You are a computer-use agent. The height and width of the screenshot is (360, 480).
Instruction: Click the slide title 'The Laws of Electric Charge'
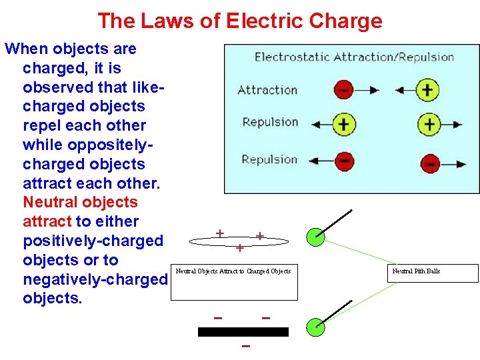click(x=240, y=21)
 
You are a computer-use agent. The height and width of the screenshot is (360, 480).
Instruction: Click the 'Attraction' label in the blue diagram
click(x=267, y=90)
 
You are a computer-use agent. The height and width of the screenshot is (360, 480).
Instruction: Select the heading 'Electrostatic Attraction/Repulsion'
click(x=354, y=57)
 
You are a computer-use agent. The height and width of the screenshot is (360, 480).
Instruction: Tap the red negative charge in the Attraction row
click(x=343, y=89)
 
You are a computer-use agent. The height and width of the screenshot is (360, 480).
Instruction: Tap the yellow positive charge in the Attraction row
click(x=427, y=89)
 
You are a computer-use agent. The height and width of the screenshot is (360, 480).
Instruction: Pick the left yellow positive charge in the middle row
click(x=344, y=124)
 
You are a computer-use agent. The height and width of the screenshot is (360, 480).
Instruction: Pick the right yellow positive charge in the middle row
click(x=429, y=124)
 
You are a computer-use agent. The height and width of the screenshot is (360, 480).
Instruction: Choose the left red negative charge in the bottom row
click(x=344, y=161)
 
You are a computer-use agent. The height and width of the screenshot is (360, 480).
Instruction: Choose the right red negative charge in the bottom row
click(x=431, y=162)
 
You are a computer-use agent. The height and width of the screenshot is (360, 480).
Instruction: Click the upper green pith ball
click(x=315, y=236)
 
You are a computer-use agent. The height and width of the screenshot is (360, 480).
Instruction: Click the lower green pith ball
click(x=315, y=327)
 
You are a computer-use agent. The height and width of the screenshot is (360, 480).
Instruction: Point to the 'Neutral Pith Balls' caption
click(x=416, y=271)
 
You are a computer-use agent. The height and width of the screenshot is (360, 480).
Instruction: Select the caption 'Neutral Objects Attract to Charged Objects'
click(x=233, y=271)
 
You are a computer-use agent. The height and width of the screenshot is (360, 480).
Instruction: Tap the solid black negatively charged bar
click(x=243, y=331)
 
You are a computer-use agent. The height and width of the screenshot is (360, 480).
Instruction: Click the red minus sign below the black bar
click(x=246, y=347)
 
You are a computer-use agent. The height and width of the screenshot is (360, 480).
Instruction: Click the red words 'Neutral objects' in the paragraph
click(x=80, y=202)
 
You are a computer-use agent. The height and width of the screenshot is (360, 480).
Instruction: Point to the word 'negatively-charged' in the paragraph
click(x=94, y=279)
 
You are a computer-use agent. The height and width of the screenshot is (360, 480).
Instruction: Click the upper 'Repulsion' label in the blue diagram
click(x=269, y=122)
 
